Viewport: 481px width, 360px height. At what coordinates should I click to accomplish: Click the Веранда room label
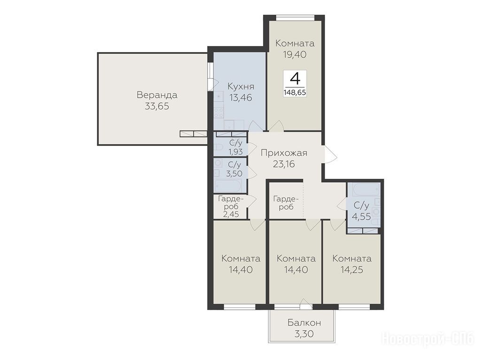click(157, 95)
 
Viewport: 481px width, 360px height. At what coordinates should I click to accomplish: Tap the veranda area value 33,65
click(157, 107)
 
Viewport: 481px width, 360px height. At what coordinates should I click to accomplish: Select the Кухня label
click(241, 86)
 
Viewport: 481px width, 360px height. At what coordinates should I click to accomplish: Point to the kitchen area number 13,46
click(241, 98)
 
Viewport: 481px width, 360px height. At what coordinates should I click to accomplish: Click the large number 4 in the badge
click(295, 78)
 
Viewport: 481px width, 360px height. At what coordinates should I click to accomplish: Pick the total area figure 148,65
click(295, 92)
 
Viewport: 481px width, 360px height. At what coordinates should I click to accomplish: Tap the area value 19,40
click(295, 54)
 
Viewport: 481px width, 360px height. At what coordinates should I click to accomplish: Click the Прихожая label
click(284, 153)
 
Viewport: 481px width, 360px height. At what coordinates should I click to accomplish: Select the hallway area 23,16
click(284, 164)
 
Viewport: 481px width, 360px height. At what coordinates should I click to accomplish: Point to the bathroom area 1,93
click(236, 152)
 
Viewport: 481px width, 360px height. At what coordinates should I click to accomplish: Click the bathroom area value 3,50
click(234, 174)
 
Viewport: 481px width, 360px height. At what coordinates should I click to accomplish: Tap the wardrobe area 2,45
click(231, 214)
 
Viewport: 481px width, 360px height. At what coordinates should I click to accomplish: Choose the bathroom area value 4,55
click(361, 216)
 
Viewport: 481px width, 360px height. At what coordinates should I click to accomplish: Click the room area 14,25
click(352, 269)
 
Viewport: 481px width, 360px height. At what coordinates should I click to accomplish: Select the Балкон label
click(304, 322)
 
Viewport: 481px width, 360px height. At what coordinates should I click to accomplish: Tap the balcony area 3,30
click(304, 334)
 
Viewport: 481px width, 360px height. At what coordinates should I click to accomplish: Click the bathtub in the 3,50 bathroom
click(228, 185)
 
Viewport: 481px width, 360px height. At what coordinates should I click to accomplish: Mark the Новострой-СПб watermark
click(427, 339)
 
